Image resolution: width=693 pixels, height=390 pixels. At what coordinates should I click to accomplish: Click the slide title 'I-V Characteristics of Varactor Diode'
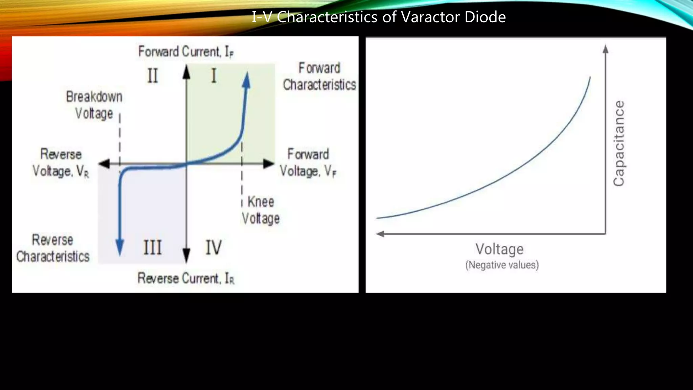click(378, 17)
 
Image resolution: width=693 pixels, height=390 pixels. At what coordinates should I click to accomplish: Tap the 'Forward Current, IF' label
click(186, 52)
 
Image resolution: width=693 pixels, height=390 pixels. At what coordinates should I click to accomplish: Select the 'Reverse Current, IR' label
click(186, 278)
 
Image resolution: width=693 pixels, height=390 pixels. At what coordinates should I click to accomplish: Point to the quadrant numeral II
click(153, 76)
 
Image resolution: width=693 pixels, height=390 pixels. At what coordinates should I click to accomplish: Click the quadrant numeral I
click(214, 76)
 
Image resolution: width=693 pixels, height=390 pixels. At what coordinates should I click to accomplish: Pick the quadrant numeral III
click(153, 247)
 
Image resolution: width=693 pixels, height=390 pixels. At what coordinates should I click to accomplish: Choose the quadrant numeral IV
click(214, 247)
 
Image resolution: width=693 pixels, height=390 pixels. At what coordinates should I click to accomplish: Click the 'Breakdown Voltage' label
click(94, 105)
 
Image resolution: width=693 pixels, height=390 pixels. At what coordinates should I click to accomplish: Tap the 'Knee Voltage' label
click(261, 210)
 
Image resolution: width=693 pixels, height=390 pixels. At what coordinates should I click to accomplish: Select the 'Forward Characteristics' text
click(319, 77)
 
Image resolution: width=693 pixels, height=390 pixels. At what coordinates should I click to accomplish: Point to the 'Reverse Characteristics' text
click(53, 248)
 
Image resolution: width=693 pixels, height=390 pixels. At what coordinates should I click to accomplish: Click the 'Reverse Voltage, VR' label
click(61, 163)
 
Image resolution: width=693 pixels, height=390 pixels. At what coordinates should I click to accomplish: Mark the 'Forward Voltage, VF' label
click(308, 163)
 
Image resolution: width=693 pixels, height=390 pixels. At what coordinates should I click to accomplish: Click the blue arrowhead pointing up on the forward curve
click(247, 80)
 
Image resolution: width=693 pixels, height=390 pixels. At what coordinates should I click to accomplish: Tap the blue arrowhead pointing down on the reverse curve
click(119, 246)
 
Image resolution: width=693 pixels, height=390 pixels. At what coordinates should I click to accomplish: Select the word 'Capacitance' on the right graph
click(619, 143)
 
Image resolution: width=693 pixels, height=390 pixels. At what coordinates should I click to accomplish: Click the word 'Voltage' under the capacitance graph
click(499, 249)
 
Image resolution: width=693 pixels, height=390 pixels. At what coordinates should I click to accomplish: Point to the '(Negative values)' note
click(502, 265)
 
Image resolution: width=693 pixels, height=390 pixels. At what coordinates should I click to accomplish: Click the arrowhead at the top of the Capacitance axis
click(605, 49)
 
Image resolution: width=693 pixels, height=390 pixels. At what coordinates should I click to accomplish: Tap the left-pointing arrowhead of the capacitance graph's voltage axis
click(380, 234)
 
